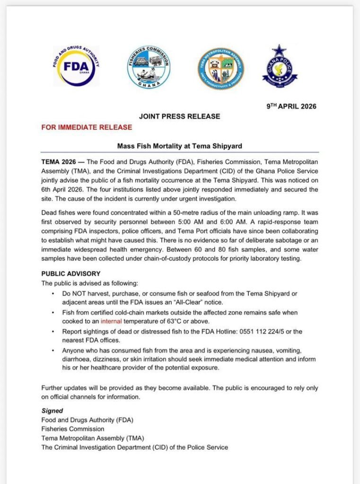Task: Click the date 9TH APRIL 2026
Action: pyautogui.click(x=291, y=106)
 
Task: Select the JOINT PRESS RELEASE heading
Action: pyautogui.click(x=179, y=116)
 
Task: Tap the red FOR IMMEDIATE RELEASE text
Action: pyautogui.click(x=87, y=127)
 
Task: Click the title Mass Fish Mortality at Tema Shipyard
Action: pyautogui.click(x=179, y=146)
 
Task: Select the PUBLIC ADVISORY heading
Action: pyautogui.click(x=70, y=273)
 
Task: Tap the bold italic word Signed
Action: pyautogui.click(x=52, y=411)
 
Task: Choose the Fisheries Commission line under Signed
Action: pyautogui.click(x=73, y=429)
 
